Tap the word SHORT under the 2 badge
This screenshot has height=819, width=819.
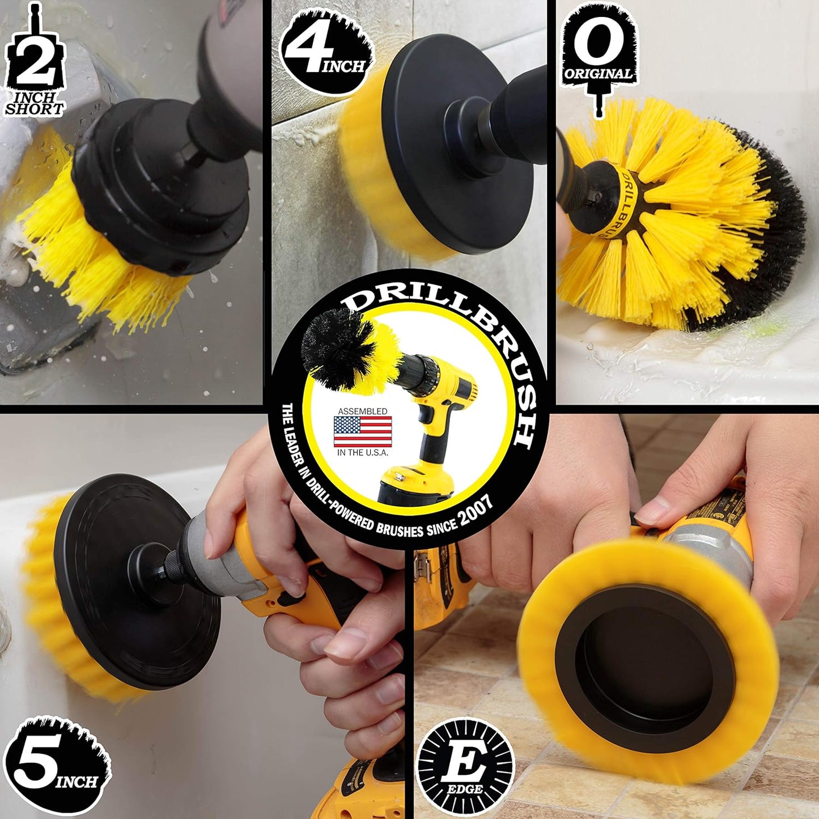[x=34, y=109]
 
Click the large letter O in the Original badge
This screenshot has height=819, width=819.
[x=599, y=43]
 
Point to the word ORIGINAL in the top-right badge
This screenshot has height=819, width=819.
[x=599, y=74]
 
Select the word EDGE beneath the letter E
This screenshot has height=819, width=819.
[x=465, y=789]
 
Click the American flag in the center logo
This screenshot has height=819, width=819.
[x=363, y=432]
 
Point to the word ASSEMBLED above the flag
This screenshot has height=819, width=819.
[x=363, y=411]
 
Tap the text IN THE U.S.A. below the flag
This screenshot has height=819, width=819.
[x=363, y=453]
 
